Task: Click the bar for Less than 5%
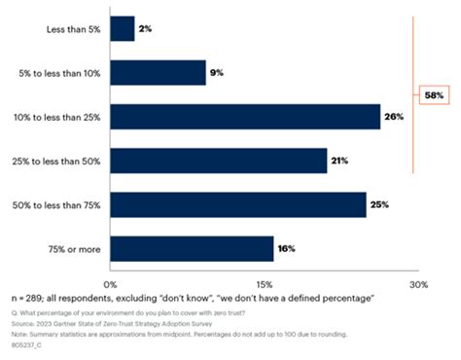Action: pyautogui.click(x=123, y=29)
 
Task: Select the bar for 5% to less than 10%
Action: pyautogui.click(x=158, y=73)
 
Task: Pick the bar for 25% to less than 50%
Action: pyautogui.click(x=219, y=161)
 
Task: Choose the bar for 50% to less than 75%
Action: pyautogui.click(x=238, y=204)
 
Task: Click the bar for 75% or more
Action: pyautogui.click(x=192, y=248)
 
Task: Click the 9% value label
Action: pyautogui.click(x=219, y=73)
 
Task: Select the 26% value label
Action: pyautogui.click(x=394, y=117)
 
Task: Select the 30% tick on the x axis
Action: pyautogui.click(x=416, y=283)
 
